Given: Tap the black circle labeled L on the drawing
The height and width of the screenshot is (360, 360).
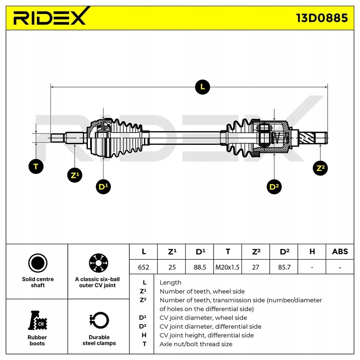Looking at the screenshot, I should coord(202,87).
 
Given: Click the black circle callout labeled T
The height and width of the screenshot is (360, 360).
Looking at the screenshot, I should coord(36,166).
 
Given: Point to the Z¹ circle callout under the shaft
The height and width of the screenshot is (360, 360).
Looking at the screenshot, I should coord(75,175).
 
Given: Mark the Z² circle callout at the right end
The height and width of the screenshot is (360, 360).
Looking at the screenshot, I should coord(320,168).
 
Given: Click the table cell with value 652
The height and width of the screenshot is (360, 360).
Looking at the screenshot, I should coord(143,267).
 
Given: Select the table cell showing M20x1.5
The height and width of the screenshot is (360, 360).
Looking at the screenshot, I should coord(227,267).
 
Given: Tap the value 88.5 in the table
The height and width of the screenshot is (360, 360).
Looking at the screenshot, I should coord(200,267).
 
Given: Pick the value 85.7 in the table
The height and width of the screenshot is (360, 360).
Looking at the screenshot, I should coord(284,267).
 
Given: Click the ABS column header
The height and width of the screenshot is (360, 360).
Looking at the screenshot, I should coord(340,252).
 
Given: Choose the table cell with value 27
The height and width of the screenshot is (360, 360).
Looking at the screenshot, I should coord(256,267).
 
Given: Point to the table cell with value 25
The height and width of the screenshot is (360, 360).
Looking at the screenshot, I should coord(172,267).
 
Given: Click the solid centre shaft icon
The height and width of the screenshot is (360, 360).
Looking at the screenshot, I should coord(38,263).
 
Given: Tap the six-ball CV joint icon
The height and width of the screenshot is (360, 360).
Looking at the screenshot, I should coord(98,263).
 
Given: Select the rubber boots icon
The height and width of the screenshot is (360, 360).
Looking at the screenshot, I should coord(38,321).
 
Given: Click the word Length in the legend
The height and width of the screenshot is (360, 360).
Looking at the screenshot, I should coord(171,282).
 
